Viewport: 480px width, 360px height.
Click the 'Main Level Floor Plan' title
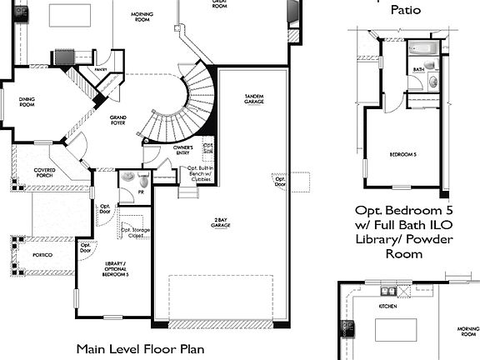point(141,348)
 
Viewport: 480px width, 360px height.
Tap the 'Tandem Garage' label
point(253,98)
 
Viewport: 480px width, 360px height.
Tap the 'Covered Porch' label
point(46,172)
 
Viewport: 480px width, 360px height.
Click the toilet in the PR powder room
point(143,179)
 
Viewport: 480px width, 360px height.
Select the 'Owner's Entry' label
point(182,151)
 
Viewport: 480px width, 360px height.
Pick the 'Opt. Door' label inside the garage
point(281,181)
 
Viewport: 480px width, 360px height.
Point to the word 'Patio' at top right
point(405,10)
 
